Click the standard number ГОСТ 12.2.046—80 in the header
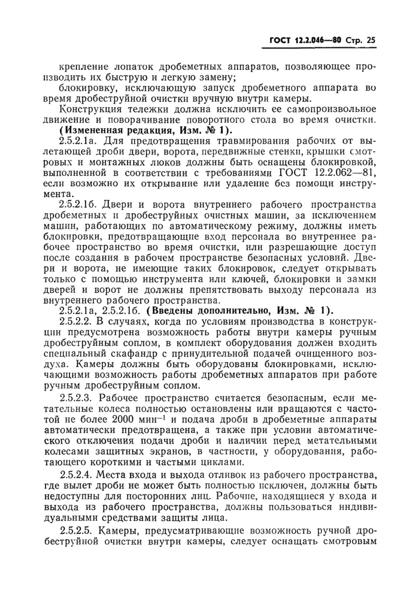(304, 41)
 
